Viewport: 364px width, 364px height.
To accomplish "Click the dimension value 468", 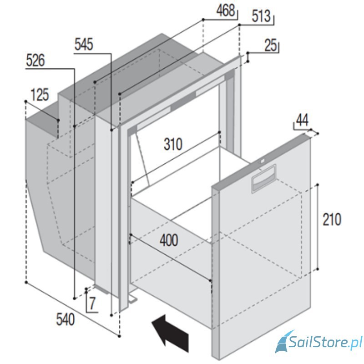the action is (x=225, y=10).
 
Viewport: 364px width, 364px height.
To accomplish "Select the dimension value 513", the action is (x=261, y=16).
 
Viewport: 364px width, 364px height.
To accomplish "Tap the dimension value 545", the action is (x=84, y=44).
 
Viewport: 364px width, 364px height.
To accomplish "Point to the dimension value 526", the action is (x=35, y=61).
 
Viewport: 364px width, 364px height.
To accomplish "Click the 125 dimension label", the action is (x=40, y=95).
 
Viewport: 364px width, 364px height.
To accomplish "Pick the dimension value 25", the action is (x=271, y=45).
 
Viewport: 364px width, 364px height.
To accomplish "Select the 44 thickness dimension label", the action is (x=302, y=121).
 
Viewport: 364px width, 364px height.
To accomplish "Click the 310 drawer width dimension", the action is (x=173, y=144).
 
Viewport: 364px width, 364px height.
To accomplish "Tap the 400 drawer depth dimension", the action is (x=169, y=240).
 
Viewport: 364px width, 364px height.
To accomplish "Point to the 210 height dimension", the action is (x=332, y=219).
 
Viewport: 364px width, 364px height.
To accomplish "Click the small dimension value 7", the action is (x=92, y=303).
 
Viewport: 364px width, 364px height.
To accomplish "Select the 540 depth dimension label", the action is (x=66, y=320).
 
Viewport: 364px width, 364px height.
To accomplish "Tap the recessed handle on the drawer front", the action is (x=264, y=179).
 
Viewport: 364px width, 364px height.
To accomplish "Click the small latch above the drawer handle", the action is (x=262, y=161).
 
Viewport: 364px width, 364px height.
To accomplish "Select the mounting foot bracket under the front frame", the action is (x=132, y=299).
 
